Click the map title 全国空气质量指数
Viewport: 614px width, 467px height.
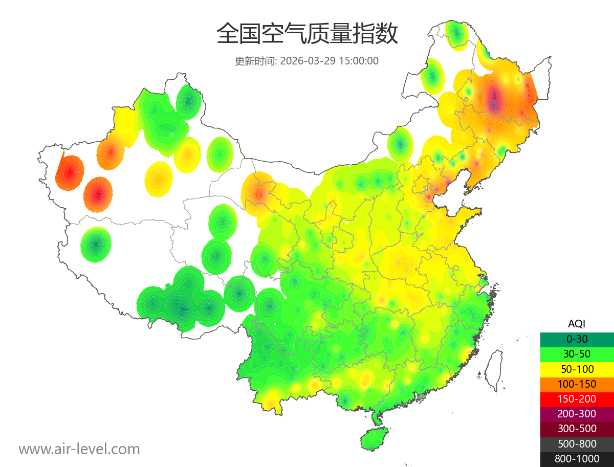307,34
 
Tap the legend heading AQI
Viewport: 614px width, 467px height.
577,323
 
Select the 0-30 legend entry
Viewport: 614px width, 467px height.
577,339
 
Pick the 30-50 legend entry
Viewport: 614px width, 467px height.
577,353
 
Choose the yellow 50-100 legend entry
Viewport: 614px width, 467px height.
577,369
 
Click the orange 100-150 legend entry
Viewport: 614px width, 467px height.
577,384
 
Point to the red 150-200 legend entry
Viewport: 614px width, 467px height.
577,398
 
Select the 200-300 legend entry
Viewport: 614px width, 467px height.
577,414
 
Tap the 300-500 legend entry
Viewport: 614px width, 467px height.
577,429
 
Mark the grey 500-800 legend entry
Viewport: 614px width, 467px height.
577,444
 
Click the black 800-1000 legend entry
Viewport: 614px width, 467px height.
577,459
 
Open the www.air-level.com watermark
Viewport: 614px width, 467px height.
79,449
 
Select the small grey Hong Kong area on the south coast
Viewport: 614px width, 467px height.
422,396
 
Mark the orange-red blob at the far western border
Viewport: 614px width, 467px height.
69,172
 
